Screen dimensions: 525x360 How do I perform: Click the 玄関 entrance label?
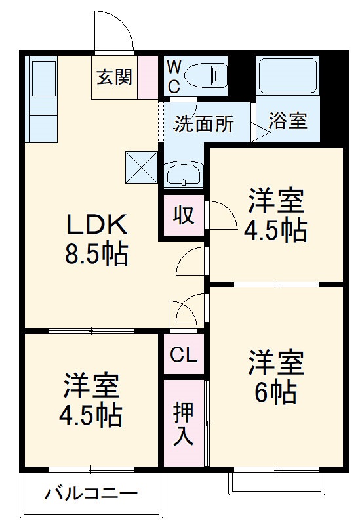click(x=115, y=77)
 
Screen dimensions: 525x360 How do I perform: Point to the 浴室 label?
click(x=287, y=121)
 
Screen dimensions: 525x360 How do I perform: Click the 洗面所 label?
click(x=203, y=124)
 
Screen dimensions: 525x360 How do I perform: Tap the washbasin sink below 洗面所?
click(x=184, y=175)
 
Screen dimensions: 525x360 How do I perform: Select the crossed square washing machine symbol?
click(x=142, y=166)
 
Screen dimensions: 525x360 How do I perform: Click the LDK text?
click(x=96, y=225)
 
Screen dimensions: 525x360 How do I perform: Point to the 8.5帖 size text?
click(x=96, y=254)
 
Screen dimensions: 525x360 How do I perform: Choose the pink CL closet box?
click(x=184, y=355)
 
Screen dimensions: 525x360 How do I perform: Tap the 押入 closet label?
click(x=184, y=423)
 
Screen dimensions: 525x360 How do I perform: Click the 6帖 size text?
click(x=275, y=393)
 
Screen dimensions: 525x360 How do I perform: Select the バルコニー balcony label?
click(x=91, y=494)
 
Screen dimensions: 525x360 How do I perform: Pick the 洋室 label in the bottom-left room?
click(x=91, y=386)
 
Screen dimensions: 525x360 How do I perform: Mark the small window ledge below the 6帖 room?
click(x=276, y=482)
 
